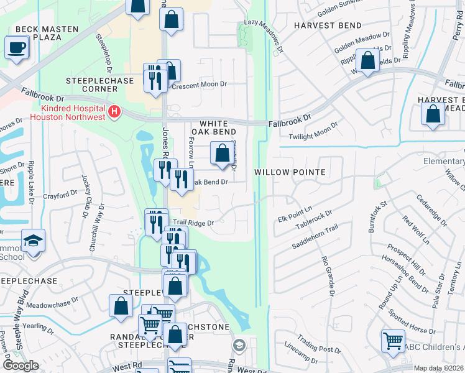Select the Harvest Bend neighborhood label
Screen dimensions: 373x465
coord(328,25)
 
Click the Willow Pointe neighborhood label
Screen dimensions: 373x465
coord(290,171)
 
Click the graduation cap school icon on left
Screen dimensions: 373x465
coord(32,239)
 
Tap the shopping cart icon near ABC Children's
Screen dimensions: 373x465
coord(393,340)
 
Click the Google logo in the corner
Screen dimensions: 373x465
coord(21,366)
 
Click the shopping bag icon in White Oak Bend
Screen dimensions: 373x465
coord(222,152)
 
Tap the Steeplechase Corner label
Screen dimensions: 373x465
coord(92,85)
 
